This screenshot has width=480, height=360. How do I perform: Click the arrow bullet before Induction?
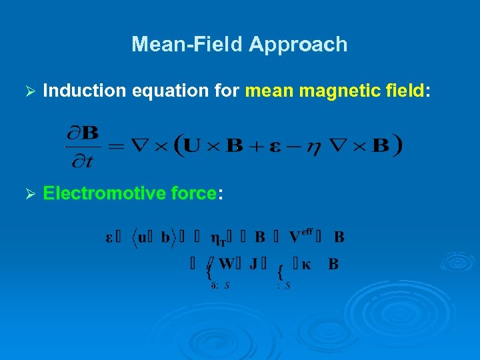[28, 92]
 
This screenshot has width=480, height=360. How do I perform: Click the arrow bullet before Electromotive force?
[28, 194]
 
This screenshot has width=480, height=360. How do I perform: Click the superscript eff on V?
[307, 231]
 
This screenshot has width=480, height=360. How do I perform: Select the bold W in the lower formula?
[227, 265]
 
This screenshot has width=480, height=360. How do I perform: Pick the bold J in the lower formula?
[253, 265]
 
